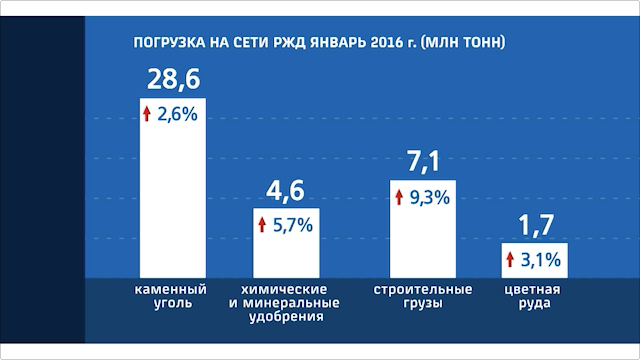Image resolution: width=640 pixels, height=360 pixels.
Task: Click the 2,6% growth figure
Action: (x=182, y=116)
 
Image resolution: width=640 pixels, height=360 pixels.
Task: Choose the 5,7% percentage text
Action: (x=293, y=225)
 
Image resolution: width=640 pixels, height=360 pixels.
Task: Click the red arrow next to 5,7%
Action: (x=262, y=225)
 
